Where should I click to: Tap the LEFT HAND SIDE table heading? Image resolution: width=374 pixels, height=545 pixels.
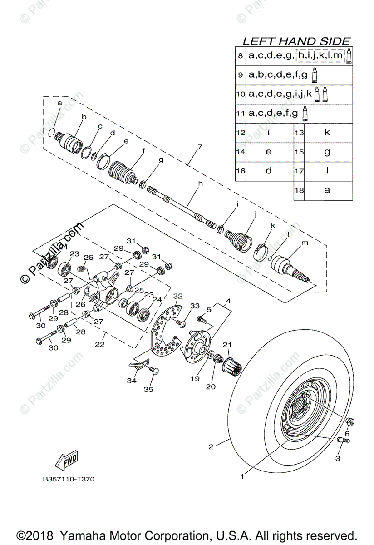point(296,41)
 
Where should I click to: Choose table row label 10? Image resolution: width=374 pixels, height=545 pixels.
point(241,94)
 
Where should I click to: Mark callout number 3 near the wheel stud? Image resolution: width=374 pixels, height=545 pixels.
point(337,458)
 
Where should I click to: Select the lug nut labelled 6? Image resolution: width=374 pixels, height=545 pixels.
point(351,422)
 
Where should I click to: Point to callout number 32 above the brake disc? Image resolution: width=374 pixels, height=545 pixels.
point(178,296)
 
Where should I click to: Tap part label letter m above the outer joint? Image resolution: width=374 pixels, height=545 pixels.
point(305,243)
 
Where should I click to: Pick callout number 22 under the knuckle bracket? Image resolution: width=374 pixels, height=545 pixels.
point(99,344)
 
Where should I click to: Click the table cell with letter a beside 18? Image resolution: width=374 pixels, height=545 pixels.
point(327,190)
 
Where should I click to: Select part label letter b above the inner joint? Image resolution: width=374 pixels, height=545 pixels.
point(84,117)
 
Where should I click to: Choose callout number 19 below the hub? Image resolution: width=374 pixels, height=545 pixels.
point(195,377)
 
